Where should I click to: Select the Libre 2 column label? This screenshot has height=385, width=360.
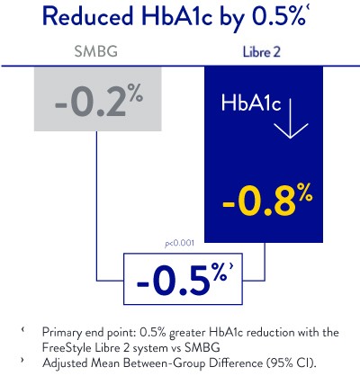pyautogui.click(x=260, y=52)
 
